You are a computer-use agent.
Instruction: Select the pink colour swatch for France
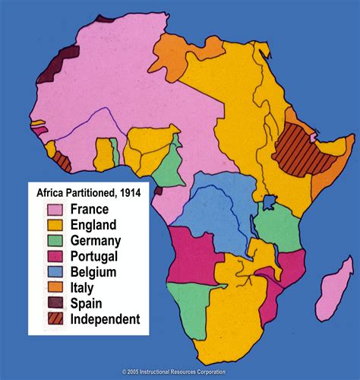click(x=55, y=210)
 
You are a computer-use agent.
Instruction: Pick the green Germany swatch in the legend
click(x=55, y=241)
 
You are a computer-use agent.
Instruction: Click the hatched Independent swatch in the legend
click(x=55, y=319)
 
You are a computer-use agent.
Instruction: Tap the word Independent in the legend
click(x=105, y=319)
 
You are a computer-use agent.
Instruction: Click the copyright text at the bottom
click(x=179, y=372)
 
